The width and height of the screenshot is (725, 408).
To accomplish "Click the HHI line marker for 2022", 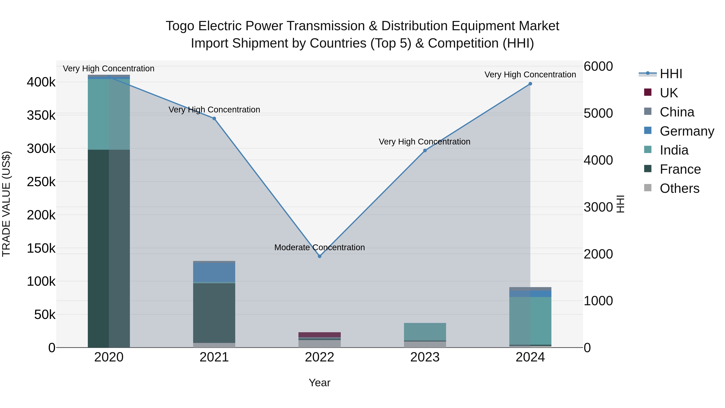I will pyautogui.click(x=319, y=256).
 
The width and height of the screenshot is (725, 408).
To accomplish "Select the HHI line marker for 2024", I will pyautogui.click(x=530, y=84).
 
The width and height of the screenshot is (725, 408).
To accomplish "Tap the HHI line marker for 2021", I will pyautogui.click(x=214, y=118).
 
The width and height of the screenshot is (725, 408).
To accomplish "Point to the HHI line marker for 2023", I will pyautogui.click(x=425, y=151).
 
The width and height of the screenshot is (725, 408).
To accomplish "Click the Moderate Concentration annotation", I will pyautogui.click(x=319, y=247).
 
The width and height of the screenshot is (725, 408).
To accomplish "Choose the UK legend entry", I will pyautogui.click(x=668, y=93).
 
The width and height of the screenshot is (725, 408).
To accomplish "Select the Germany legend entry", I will pyautogui.click(x=687, y=131).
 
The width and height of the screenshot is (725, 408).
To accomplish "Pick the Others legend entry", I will pyautogui.click(x=679, y=188).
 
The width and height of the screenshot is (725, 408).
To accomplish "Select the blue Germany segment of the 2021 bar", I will pyautogui.click(x=214, y=272).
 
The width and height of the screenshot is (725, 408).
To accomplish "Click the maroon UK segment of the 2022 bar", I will pyautogui.click(x=319, y=334).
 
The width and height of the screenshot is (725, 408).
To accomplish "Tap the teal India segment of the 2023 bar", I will pyautogui.click(x=425, y=331).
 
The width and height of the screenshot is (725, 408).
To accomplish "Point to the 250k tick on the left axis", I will pyautogui.click(x=41, y=182).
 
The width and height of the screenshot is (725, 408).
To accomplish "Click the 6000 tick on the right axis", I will pyautogui.click(x=598, y=66).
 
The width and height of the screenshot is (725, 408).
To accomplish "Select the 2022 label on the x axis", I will pyautogui.click(x=319, y=357).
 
